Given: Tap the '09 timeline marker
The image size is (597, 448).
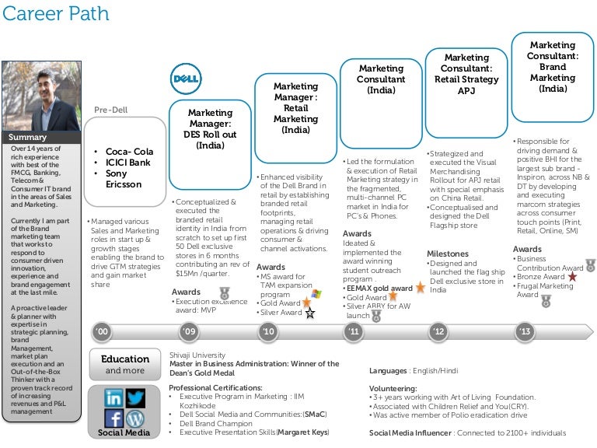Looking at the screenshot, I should point(189,332).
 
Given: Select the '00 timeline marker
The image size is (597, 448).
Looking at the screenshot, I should point(103,332).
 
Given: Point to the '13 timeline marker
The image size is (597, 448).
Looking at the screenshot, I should point(525,332).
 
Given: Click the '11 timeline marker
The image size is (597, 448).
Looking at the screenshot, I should point(354,332).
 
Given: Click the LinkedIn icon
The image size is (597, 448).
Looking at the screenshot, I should point(113,397).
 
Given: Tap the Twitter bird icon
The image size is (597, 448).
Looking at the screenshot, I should point(136,397).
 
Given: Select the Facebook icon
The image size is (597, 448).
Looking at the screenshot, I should point(113,418).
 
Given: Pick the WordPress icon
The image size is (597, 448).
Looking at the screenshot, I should point(135,418).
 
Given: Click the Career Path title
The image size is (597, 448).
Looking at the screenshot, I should point(55,15).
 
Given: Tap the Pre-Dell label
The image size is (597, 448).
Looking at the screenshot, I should point(111,110).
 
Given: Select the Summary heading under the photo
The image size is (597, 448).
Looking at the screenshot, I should point(27,138).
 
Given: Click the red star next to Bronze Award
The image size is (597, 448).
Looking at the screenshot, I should point(572,277).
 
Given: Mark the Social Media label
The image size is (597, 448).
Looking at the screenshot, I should point(125,432).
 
